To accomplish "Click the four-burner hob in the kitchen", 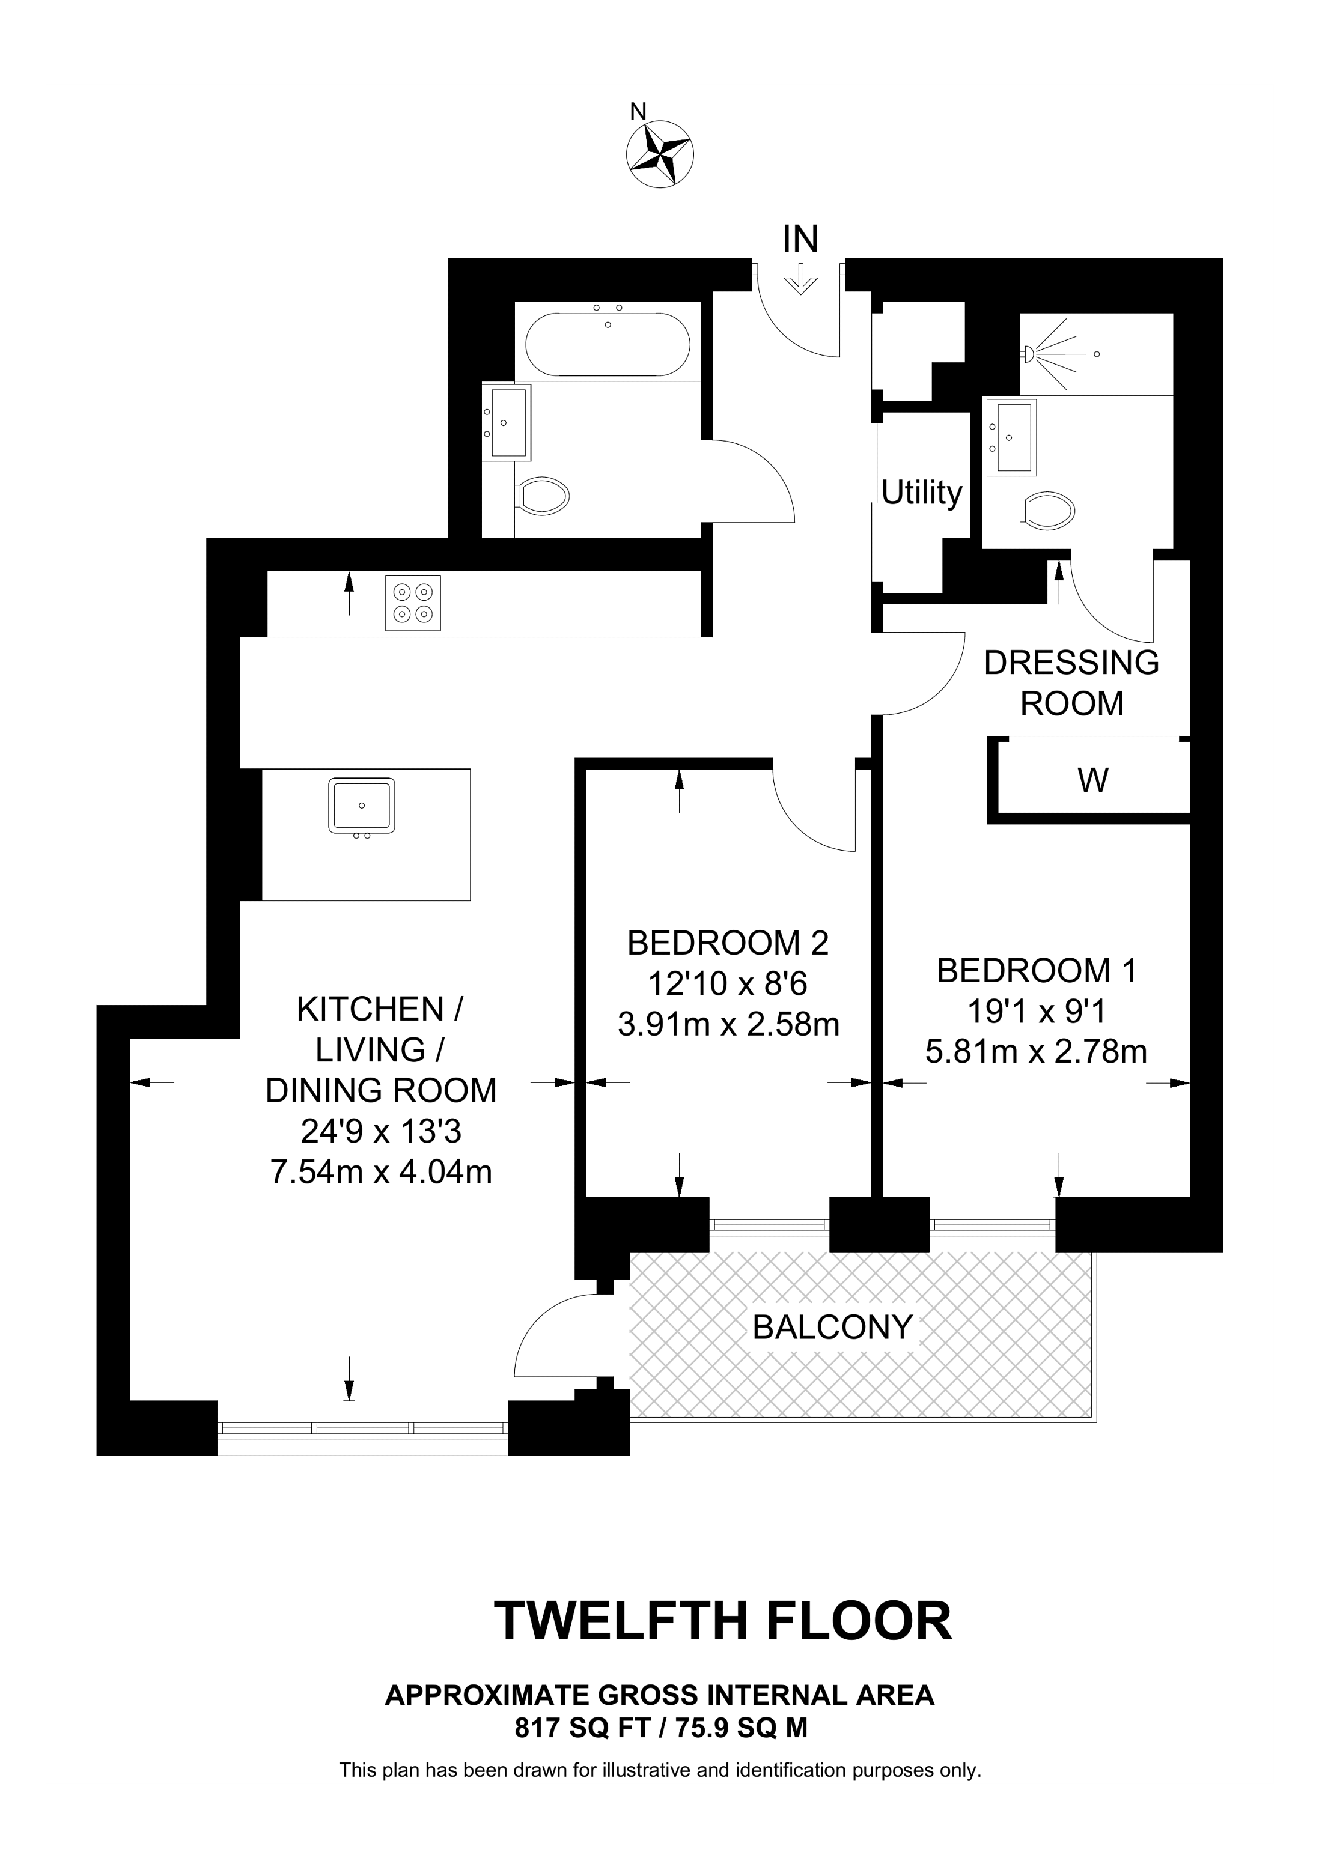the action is coord(413,603).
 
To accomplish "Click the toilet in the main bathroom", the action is coord(543,495).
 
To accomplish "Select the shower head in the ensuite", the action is coord(1028,353).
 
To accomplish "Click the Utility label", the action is coord(922,493).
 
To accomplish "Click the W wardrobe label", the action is coord(1093,780).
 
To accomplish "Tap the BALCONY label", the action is coord(832,1328).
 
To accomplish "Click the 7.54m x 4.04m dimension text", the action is coord(380,1172).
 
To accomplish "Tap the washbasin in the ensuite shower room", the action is coord(1010,437).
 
